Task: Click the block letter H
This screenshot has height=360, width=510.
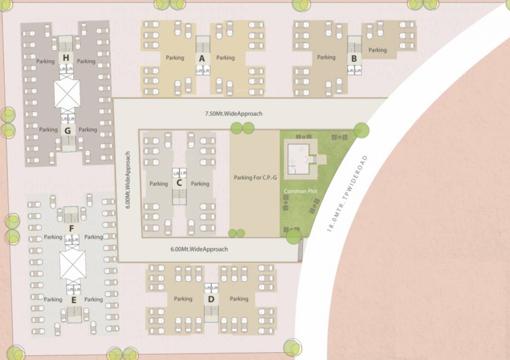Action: pos(67,58)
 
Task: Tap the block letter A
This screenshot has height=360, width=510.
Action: pos(202,58)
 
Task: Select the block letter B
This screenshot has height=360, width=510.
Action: pos(354,59)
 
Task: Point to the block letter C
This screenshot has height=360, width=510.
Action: pos(179,183)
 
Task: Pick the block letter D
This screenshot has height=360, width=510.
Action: pos(211,299)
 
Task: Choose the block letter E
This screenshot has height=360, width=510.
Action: pos(74,300)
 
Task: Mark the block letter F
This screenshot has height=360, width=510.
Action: pos(71,228)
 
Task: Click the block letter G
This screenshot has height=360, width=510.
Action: pos(67,131)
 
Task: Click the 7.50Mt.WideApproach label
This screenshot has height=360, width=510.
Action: pos(234,113)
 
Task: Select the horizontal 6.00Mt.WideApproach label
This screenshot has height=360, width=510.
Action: pos(199,249)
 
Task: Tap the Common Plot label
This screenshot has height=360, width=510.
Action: pos(300,191)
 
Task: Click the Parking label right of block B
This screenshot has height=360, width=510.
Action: pos(377,50)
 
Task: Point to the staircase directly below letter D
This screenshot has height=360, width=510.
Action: pos(211,313)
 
